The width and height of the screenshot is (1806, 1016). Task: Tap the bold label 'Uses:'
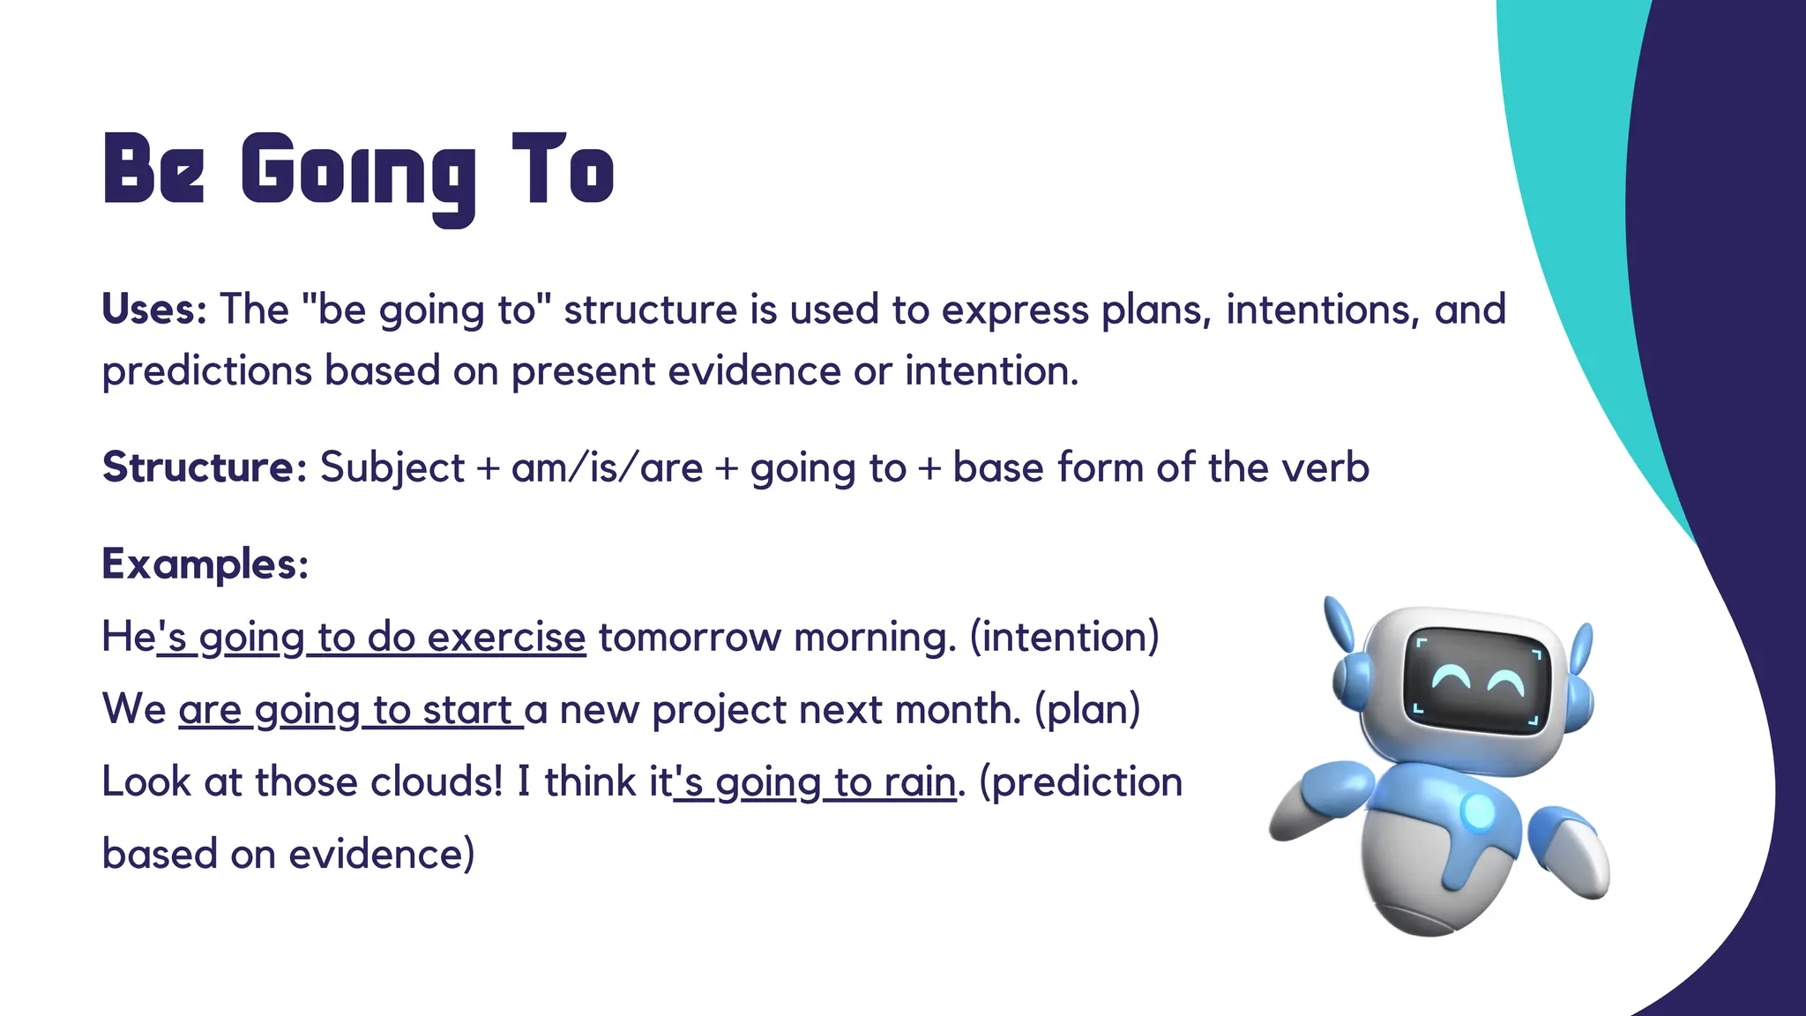154,310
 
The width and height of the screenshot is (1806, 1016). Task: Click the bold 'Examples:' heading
205,564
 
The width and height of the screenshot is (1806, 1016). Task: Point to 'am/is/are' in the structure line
607,467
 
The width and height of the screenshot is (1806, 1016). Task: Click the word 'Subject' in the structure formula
392,467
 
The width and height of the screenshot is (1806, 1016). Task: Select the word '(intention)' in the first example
1064,637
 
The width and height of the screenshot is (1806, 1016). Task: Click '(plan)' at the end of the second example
1087,709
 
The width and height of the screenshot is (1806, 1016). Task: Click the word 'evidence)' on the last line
381,854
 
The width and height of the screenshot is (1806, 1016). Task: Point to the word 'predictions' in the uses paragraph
207,370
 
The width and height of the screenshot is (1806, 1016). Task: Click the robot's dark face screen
1476,680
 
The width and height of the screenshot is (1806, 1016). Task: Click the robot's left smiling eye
1450,678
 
